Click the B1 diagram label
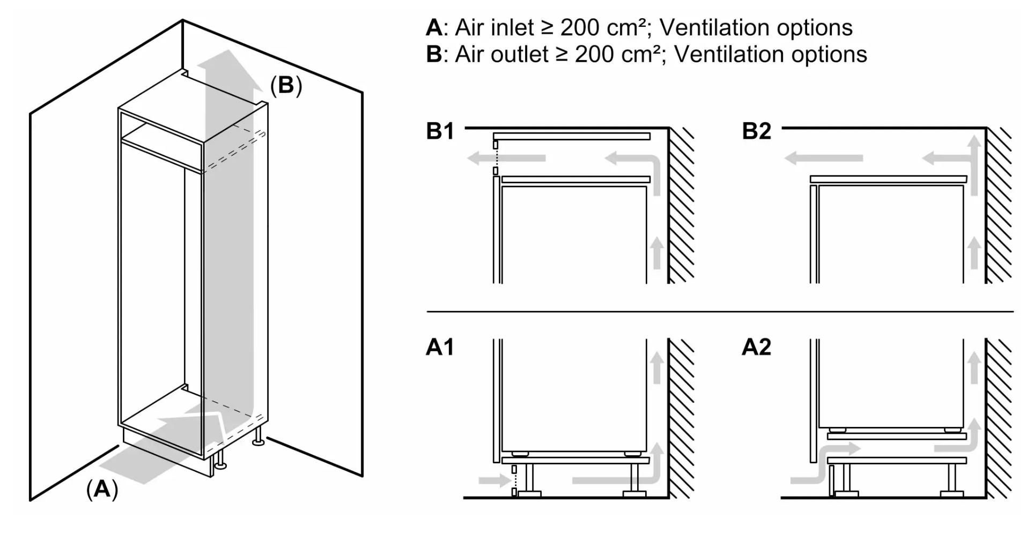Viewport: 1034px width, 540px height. point(440,131)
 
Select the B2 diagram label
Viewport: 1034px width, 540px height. point(756,131)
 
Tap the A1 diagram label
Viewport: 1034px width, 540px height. point(440,347)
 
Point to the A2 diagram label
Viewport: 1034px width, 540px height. point(756,347)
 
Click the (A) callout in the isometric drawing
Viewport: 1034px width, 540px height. point(102,489)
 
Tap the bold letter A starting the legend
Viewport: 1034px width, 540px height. point(434,28)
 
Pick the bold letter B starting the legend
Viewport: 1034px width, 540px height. point(434,55)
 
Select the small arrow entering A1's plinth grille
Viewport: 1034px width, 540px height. point(493,480)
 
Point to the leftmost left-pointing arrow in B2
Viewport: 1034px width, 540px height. point(823,158)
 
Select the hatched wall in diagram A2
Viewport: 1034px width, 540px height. point(999,418)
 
